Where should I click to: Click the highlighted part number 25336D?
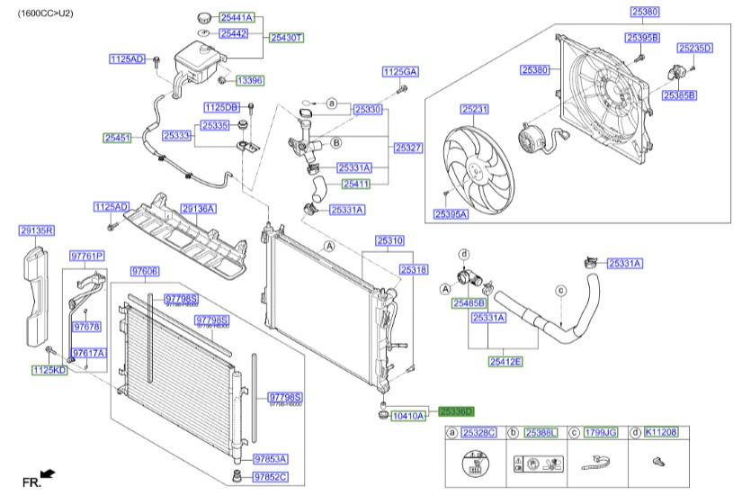point(456,410)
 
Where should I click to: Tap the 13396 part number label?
point(249,80)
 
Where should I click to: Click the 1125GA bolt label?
point(399,71)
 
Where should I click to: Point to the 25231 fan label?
point(474,109)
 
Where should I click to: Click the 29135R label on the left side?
point(36,230)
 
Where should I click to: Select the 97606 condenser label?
point(145,271)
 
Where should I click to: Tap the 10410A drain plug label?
point(407,416)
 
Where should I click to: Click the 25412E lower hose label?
point(505,361)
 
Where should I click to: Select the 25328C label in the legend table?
point(478,434)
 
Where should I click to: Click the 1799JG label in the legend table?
point(601,434)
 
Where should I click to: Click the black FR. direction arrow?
point(48,473)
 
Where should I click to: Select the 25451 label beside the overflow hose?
point(117,138)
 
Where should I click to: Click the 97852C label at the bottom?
point(270,477)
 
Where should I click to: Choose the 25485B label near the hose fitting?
point(469,303)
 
